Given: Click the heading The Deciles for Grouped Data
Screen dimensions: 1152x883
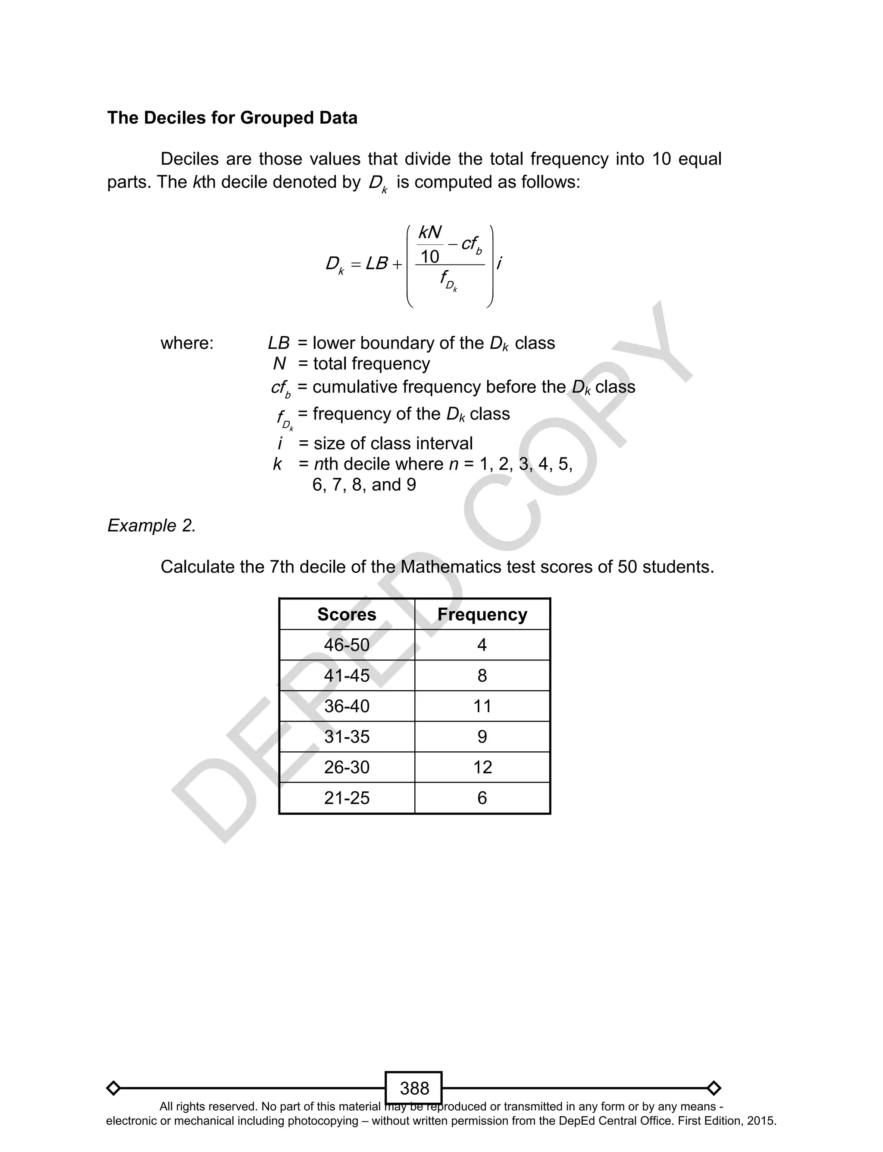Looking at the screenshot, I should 232,118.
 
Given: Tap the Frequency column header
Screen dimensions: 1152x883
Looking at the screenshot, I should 482,614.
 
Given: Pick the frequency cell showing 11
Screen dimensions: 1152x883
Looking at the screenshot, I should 482,706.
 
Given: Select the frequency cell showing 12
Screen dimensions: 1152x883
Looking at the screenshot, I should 482,767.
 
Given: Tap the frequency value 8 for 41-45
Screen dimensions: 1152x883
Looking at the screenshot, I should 482,675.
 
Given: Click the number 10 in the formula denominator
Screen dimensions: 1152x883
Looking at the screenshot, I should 429,257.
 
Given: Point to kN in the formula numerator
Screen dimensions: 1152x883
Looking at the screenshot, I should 430,233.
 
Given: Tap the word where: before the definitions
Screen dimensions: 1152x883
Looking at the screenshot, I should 187,344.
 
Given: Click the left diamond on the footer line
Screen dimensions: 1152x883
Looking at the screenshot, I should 113,1088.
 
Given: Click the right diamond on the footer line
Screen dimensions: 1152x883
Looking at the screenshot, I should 714,1088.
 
